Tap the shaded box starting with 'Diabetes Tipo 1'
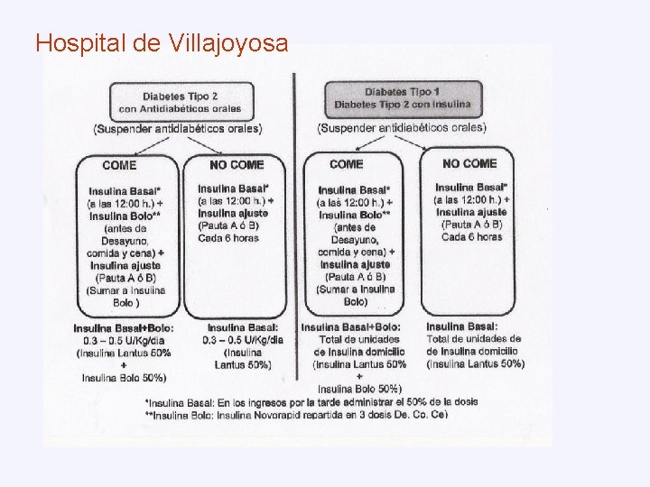point(404,97)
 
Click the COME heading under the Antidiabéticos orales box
point(120,165)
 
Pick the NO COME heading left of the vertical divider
point(237,165)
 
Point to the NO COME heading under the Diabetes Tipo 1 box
point(469,163)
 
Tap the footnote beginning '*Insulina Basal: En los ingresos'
point(311,401)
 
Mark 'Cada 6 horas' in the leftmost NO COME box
point(228,237)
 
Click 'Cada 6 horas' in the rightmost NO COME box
point(471,236)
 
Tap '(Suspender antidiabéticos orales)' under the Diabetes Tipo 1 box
point(401,127)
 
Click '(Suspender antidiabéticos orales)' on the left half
point(177,129)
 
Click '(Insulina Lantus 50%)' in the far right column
point(475,363)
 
